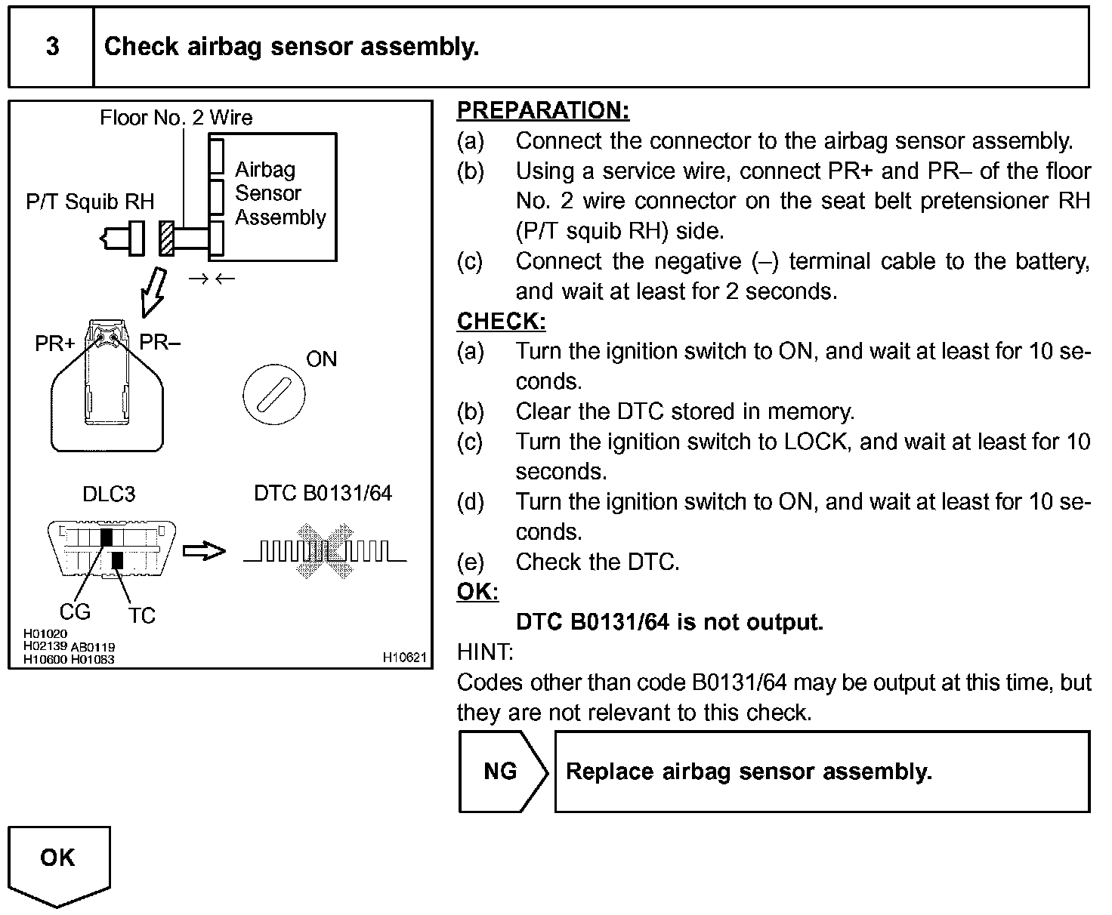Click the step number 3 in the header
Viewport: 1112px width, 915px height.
(x=52, y=47)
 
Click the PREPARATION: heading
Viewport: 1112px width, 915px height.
(x=542, y=110)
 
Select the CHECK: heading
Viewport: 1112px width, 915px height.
(x=501, y=322)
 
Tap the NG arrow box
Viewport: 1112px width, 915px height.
(x=502, y=772)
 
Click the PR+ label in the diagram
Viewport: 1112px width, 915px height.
(x=55, y=344)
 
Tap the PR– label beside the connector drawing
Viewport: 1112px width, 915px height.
(x=160, y=342)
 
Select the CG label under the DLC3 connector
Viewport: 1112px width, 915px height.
(x=75, y=612)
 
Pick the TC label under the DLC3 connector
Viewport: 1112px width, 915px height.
(x=141, y=615)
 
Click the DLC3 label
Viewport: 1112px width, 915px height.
(x=109, y=494)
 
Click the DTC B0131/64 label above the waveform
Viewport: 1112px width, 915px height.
(x=323, y=494)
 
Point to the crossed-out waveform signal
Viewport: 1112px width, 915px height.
(x=325, y=551)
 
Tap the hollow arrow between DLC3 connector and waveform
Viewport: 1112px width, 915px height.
(x=205, y=551)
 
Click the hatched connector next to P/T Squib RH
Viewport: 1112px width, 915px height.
(x=166, y=239)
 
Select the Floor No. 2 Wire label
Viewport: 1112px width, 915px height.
(x=176, y=118)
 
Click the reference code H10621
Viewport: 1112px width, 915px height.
(x=405, y=658)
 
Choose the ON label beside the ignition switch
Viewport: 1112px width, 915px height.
(x=321, y=359)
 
